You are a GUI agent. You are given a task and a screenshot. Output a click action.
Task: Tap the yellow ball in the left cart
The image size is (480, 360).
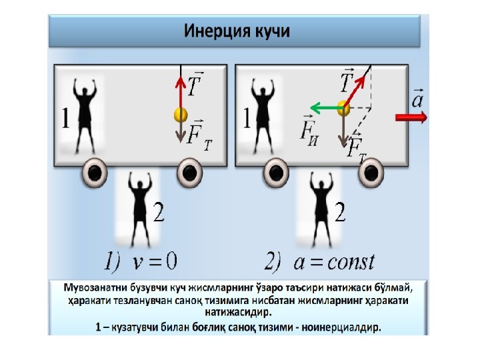(179, 115)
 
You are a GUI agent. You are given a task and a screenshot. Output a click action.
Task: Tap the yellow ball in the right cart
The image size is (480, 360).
(343, 107)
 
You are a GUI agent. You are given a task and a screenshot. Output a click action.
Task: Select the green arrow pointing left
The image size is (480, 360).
(323, 107)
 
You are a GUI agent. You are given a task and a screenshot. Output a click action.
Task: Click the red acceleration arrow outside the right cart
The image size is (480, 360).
(411, 117)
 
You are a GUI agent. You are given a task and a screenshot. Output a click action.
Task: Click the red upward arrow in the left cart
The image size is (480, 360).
(179, 90)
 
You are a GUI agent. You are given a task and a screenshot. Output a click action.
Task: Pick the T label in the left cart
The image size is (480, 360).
(195, 85)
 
